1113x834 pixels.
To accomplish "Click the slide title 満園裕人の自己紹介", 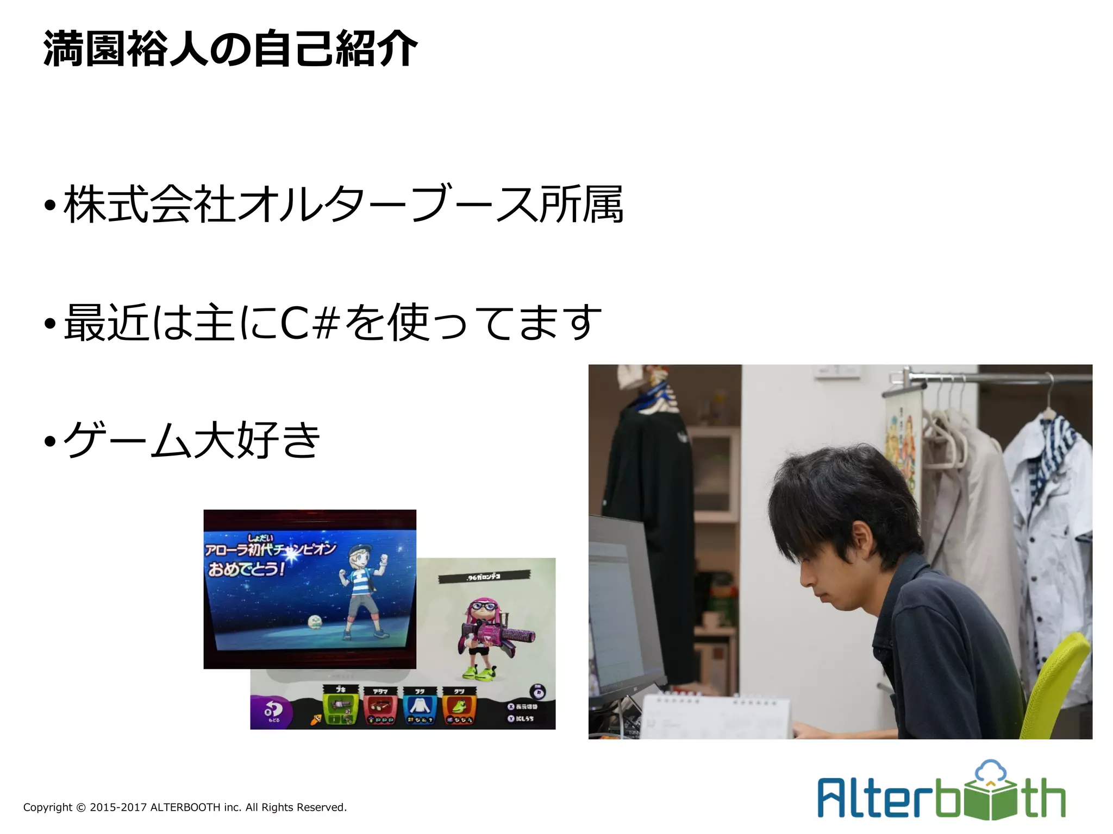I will [230, 49].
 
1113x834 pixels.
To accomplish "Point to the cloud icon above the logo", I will [991, 772].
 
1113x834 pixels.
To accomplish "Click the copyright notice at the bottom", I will [185, 807].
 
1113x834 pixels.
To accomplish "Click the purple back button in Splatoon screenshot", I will [271, 711].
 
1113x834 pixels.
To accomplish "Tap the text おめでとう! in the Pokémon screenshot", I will [246, 569].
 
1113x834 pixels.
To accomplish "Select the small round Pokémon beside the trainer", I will [315, 622].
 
